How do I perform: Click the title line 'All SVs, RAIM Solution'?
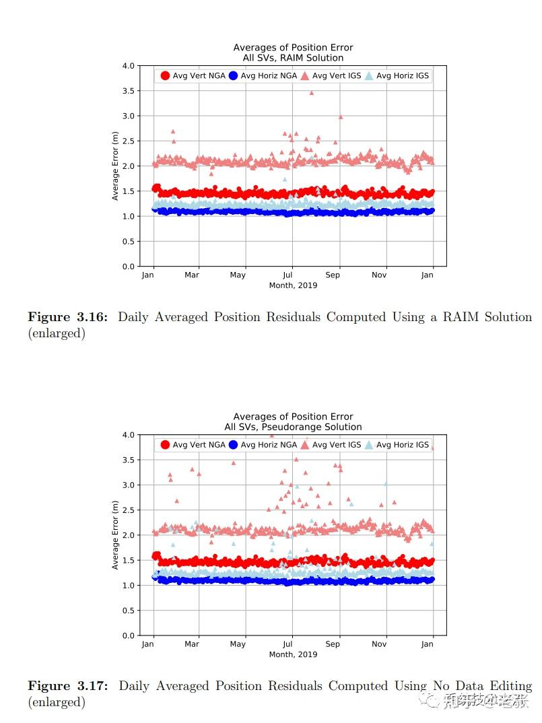[293, 58]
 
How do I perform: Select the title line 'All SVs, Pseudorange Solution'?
[293, 427]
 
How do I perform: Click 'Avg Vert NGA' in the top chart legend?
[199, 76]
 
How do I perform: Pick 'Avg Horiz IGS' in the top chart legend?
[402, 76]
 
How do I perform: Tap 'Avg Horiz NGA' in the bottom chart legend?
[269, 445]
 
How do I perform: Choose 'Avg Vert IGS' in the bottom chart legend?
[337, 445]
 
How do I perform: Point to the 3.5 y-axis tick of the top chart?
[127, 91]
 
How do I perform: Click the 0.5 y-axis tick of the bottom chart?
[127, 611]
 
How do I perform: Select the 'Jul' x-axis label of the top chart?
[287, 275]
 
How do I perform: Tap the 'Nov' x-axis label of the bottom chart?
[380, 644]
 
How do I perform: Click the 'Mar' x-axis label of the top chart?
[193, 275]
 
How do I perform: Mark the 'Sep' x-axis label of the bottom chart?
[333, 644]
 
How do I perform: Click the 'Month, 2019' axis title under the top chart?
[293, 285]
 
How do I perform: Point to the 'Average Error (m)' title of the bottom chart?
[115, 535]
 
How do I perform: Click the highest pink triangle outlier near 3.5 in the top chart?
[311, 93]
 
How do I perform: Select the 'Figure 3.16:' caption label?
[67, 317]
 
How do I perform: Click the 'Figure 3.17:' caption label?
[67, 686]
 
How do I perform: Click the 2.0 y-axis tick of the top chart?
[127, 166]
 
